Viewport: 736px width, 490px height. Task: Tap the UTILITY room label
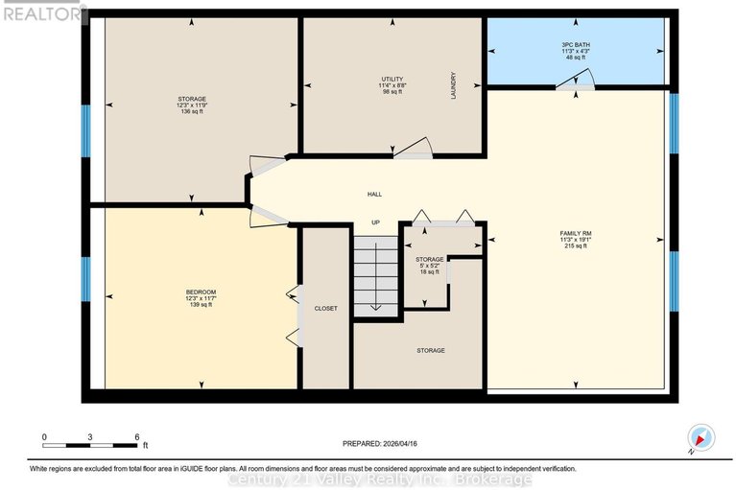tap(391, 79)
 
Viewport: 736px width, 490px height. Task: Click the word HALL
tap(374, 194)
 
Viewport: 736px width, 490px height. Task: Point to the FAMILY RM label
tap(576, 232)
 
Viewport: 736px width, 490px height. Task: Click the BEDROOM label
tap(201, 292)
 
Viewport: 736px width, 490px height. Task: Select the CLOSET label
tap(325, 308)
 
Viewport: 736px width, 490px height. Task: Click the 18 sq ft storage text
tap(429, 272)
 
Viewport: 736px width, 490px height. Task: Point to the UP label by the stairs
tap(376, 222)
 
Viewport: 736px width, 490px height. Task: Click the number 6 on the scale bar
tap(136, 436)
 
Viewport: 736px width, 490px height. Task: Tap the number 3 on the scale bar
tap(90, 436)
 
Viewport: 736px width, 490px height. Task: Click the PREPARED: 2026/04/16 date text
tap(380, 444)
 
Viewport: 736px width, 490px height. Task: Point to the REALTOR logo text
tap(41, 12)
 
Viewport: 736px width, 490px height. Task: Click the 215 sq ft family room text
tap(576, 246)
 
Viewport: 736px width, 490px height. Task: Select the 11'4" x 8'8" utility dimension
tap(391, 85)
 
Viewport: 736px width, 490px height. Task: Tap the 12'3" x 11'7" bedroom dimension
tap(201, 298)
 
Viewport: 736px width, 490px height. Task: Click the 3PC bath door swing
tap(582, 83)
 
